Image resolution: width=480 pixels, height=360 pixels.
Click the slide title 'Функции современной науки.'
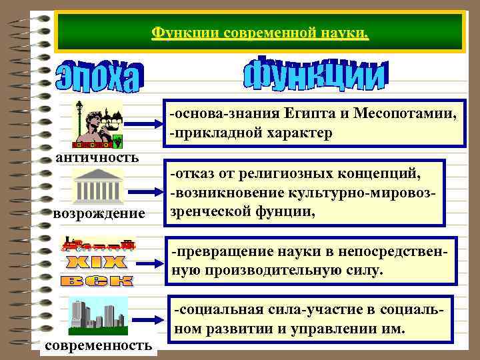[260, 32]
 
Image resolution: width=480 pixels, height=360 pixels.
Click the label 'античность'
[97, 157]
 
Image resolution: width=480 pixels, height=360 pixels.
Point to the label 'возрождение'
[99, 214]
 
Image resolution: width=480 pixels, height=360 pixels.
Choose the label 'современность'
[98, 346]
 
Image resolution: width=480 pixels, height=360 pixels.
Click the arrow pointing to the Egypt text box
[144, 124]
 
